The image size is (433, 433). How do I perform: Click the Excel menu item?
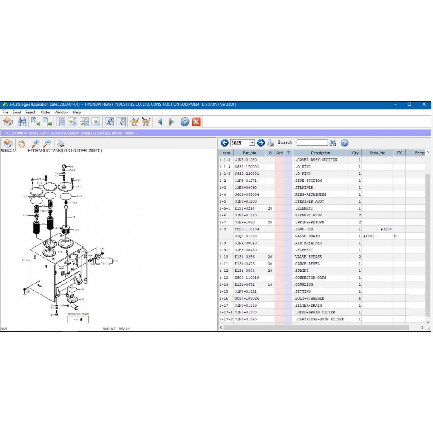16,112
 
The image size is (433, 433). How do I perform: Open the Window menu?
61,112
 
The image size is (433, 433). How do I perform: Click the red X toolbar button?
196,122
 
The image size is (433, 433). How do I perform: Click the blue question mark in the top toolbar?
184,122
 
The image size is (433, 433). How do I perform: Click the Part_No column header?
249,153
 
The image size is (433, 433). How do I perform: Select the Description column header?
320,153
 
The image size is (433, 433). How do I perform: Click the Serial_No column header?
377,153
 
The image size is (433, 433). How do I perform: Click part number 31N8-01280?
246,160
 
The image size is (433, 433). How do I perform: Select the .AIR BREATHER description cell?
308,243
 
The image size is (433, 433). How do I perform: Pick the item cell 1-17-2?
226,319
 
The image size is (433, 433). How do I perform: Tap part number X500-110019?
247,278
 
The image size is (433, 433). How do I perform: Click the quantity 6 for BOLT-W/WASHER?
359,298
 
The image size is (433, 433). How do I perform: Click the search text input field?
312,143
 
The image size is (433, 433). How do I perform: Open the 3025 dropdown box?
252,143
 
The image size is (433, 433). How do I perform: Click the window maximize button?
409,104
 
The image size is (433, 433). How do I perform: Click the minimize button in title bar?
395,104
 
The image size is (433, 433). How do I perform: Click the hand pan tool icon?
22,144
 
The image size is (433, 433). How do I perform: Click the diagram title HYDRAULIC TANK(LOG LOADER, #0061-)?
65,151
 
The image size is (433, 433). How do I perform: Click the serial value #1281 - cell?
371,236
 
